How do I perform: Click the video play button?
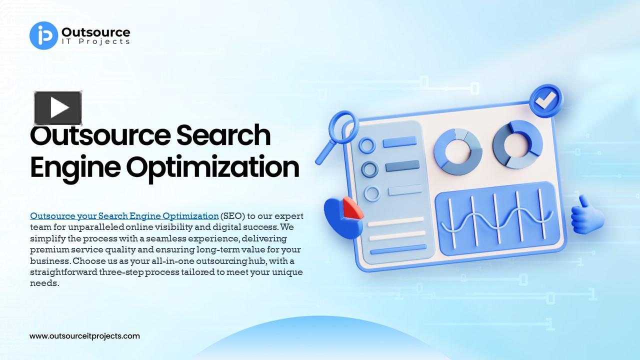click(58, 108)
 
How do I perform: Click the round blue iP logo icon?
click(44, 35)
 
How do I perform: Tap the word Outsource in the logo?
click(95, 32)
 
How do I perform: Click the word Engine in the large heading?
click(75, 167)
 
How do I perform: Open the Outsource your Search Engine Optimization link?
click(124, 216)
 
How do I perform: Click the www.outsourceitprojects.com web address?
click(84, 336)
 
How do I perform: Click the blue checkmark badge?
click(545, 99)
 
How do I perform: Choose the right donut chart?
click(517, 144)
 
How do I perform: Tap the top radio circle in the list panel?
click(367, 146)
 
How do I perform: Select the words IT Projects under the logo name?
click(95, 42)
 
